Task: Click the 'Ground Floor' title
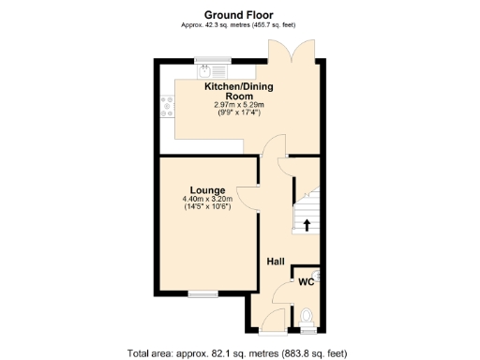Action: point(239,14)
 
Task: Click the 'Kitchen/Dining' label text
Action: point(239,86)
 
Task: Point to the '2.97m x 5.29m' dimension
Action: point(239,104)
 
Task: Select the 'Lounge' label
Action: point(207,188)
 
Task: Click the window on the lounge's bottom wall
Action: point(202,293)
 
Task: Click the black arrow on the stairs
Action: point(306,224)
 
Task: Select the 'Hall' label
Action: point(276,262)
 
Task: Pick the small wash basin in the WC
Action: point(319,275)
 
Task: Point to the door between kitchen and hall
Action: point(273,147)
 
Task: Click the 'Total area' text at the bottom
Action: point(239,352)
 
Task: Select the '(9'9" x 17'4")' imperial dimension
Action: point(239,112)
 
